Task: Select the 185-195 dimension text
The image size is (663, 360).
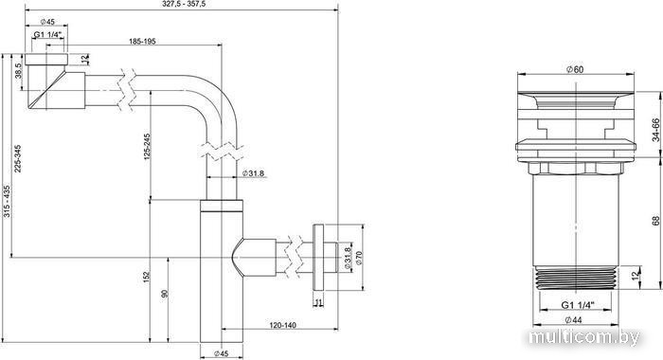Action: click(x=142, y=41)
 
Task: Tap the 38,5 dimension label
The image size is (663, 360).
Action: click(x=18, y=71)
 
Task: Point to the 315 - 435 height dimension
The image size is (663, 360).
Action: click(x=7, y=202)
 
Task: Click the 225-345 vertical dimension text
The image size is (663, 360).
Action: click(x=17, y=158)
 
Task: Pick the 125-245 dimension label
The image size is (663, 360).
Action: click(x=147, y=147)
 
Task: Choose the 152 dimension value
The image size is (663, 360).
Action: click(x=147, y=277)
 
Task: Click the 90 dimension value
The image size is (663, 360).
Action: click(x=165, y=293)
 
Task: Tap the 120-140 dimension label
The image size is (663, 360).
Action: click(x=283, y=325)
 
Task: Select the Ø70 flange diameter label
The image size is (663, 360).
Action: click(x=359, y=258)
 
